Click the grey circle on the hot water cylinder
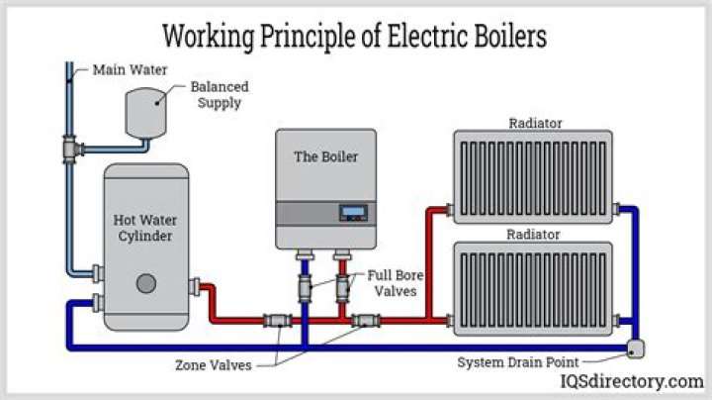click(146, 283)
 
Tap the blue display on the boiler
click(353, 211)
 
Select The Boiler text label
click(325, 156)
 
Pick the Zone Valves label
click(213, 365)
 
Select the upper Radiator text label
click(535, 124)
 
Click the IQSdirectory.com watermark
click(632, 381)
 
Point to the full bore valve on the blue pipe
click(305, 290)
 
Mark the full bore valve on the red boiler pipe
click(343, 290)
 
